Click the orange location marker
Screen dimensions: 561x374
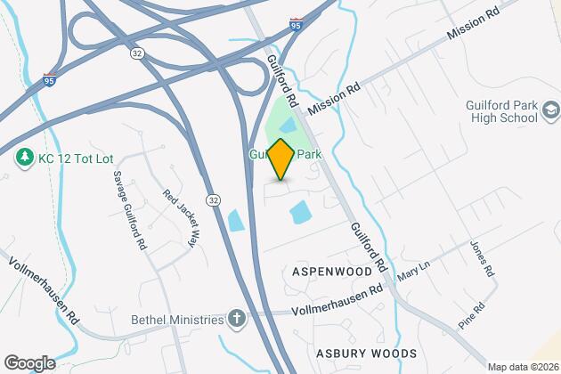coord(280,159)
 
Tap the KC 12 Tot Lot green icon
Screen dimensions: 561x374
coord(25,159)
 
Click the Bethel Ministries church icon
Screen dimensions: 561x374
coord(237,317)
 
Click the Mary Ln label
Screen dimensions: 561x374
coord(410,274)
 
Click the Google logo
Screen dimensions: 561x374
coord(28,362)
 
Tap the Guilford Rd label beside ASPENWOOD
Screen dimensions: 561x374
coord(369,248)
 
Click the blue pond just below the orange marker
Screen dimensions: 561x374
coord(299,212)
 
